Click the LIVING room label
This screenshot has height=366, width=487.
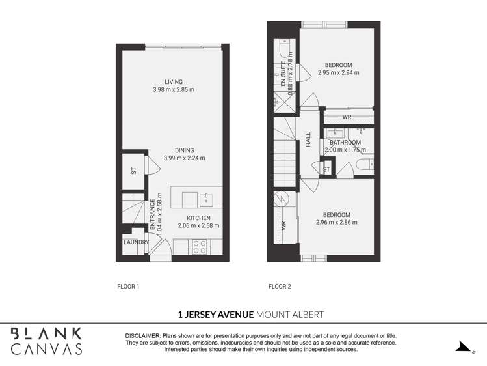174,82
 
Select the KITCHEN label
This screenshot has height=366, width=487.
198,218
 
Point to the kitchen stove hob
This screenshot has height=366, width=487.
200,246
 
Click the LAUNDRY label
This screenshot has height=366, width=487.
136,242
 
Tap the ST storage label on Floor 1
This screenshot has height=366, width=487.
133,171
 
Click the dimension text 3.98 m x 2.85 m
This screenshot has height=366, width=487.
174,90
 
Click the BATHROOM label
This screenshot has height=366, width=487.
345,143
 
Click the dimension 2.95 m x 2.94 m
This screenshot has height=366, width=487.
339,73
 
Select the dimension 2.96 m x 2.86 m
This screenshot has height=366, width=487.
337,223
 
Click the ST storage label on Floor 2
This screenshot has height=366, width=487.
326,170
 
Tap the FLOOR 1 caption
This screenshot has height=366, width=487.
128,286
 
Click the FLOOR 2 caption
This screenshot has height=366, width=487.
280,286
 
